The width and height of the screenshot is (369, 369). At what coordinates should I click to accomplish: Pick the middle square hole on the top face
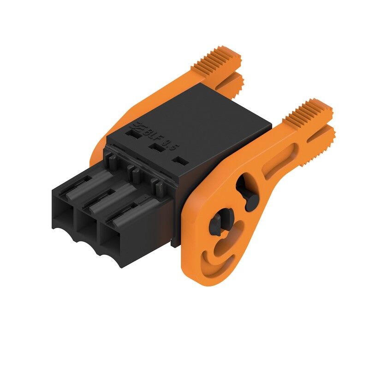[158, 147]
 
